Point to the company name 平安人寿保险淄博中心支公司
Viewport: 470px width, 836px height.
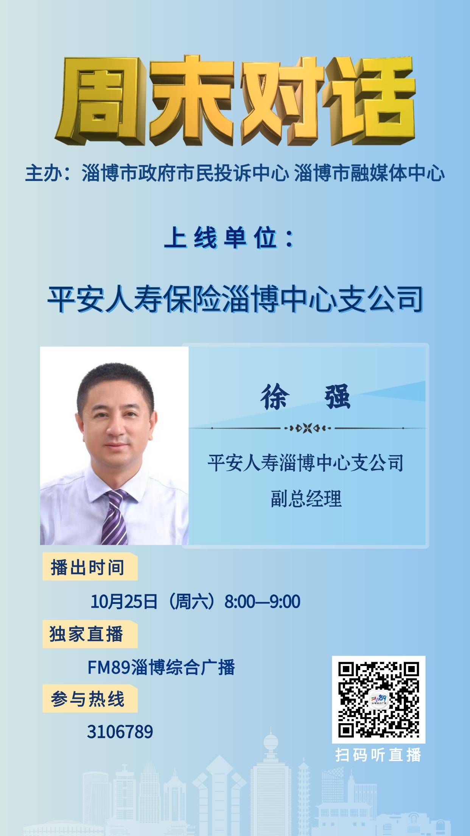point(235,299)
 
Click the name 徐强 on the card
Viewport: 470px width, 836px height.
point(306,397)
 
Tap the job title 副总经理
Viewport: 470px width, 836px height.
point(306,498)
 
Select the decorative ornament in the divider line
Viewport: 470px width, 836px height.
point(307,428)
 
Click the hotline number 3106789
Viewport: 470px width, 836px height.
point(120,731)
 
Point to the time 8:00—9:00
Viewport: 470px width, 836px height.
point(262,601)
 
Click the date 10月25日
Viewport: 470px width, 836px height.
point(124,601)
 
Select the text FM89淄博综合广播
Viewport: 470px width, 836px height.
point(161,667)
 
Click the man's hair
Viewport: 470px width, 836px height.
point(115,382)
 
